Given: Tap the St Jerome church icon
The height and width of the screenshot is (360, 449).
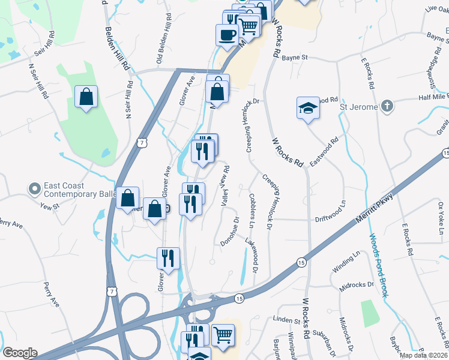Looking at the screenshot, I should coord(388,107).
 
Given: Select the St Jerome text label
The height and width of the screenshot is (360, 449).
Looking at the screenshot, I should coord(360,107).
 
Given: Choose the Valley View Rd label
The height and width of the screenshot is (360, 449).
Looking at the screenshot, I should coord(226,185).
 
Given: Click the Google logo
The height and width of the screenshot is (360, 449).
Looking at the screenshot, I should coord(20,353).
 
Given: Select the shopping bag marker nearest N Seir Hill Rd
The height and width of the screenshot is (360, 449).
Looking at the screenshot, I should coord(86,97).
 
